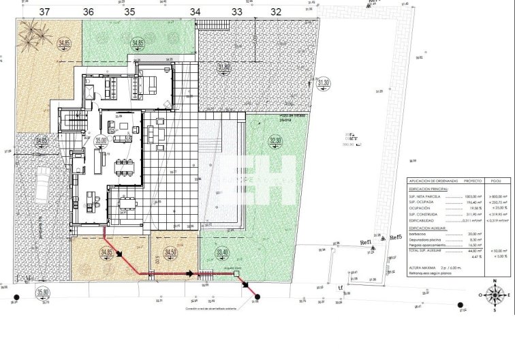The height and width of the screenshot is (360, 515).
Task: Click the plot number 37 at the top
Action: click(44, 12)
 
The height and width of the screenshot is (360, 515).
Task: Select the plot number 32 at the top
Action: click(275, 12)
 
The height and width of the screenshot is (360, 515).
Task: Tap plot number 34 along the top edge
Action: click(195, 12)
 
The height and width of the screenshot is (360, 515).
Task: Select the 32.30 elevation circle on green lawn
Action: click(275, 140)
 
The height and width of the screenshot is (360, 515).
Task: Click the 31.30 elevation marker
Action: click(324, 82)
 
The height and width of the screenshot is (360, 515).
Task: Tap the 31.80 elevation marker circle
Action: click(224, 67)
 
